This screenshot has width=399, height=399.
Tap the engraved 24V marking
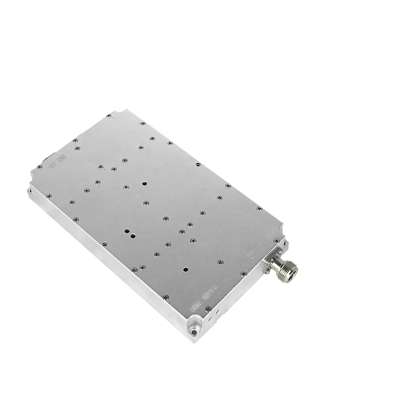[x=53, y=166]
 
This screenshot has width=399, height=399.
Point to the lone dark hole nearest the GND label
[x=144, y=183]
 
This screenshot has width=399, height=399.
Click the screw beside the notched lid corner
[x=108, y=116]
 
